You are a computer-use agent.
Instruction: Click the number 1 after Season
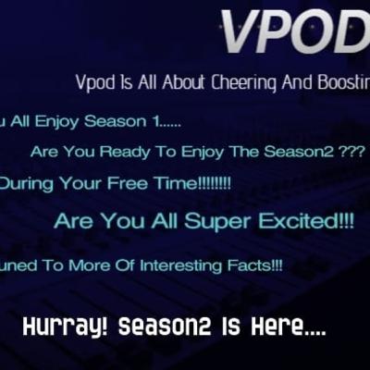[140, 121]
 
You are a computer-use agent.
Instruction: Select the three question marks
[350, 152]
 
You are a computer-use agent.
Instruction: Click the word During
[27, 183]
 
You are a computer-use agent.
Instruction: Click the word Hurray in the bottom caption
[59, 328]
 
